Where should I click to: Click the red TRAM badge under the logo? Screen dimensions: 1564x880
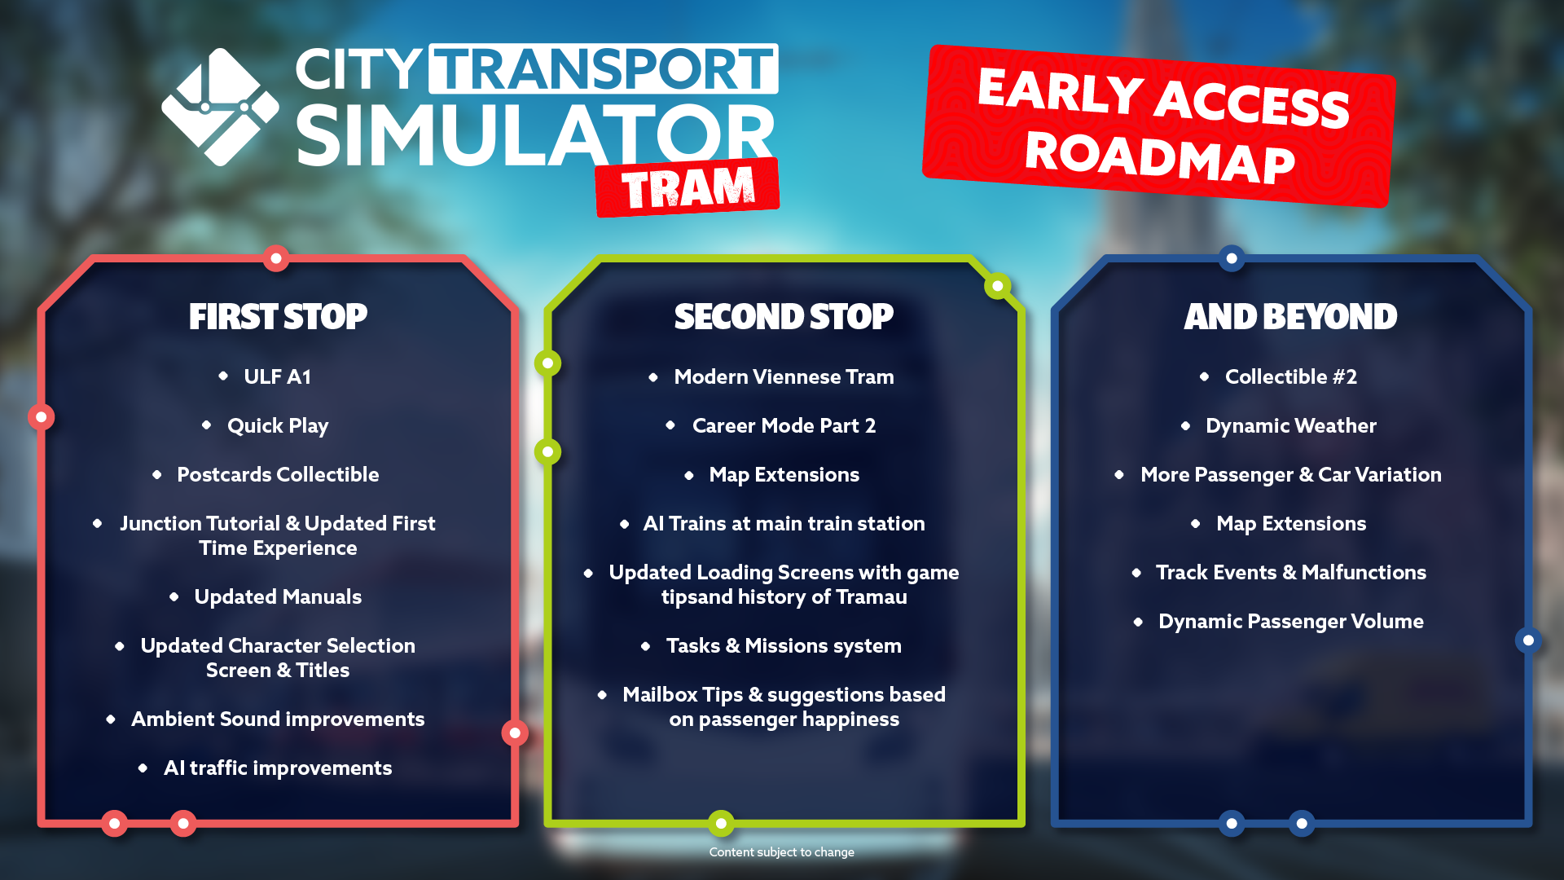(x=688, y=187)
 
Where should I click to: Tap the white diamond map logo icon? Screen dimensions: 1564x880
(x=220, y=107)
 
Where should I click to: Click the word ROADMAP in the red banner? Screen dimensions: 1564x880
(x=1160, y=157)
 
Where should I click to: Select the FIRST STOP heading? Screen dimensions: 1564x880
(x=278, y=317)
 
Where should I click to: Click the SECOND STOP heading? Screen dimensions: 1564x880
(x=784, y=317)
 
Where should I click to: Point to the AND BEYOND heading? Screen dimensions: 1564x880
(x=1290, y=317)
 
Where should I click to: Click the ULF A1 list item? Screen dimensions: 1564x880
(x=277, y=376)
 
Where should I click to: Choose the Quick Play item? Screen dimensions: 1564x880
(x=278, y=426)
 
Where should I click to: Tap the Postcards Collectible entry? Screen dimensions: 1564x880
(x=278, y=474)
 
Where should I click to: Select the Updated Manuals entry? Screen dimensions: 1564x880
(x=278, y=597)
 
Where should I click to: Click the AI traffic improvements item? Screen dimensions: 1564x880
(x=278, y=768)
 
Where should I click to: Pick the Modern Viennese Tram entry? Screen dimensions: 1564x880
(x=784, y=376)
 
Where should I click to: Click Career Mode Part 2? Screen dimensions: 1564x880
(x=784, y=425)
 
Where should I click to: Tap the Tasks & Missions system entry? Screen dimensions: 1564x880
(x=784, y=646)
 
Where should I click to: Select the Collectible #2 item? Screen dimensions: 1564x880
(x=1291, y=376)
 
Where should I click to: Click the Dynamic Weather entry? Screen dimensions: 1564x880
(x=1291, y=426)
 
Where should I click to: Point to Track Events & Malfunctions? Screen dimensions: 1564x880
(x=1291, y=573)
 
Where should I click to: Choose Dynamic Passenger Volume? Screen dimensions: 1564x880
(x=1291, y=622)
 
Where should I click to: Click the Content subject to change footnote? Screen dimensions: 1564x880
(x=782, y=852)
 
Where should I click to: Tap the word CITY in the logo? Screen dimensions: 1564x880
(x=358, y=69)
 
